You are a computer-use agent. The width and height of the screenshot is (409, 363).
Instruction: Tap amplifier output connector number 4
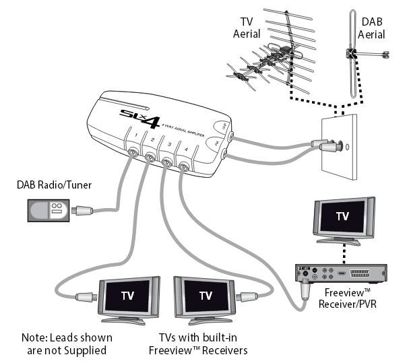[x=184, y=170]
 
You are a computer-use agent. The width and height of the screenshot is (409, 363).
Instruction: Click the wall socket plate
[x=340, y=147]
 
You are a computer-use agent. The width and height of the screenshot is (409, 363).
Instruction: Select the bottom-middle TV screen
[x=206, y=295]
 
